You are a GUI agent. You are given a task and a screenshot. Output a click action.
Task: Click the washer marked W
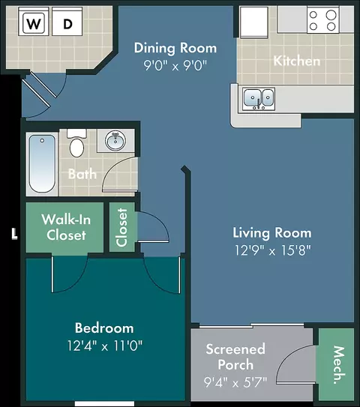click(x=34, y=22)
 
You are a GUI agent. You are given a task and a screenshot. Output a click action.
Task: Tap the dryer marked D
click(x=67, y=22)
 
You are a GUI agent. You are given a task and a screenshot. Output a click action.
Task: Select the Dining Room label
click(x=175, y=48)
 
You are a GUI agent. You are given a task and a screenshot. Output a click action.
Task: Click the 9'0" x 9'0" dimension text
click(x=175, y=65)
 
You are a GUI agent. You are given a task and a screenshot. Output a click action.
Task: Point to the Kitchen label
click(x=296, y=61)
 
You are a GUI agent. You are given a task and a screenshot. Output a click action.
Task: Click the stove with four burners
click(x=322, y=19)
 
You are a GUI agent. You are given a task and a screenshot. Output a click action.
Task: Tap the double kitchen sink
click(x=259, y=99)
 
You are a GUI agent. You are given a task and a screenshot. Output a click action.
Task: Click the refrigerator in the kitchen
click(x=253, y=22)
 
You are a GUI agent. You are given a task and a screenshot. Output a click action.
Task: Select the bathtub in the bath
click(x=42, y=164)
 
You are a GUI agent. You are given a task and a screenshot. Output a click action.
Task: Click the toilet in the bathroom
click(x=76, y=143)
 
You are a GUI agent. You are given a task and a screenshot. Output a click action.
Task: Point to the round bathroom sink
click(x=115, y=141)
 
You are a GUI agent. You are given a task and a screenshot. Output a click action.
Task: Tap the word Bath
click(x=82, y=174)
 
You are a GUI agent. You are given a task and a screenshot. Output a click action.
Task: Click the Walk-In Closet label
click(x=66, y=227)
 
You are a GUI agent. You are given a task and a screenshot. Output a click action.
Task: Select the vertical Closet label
click(x=122, y=227)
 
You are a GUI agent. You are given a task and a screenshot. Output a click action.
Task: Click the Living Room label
click(x=272, y=233)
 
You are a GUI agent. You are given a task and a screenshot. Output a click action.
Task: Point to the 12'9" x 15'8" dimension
click(x=273, y=250)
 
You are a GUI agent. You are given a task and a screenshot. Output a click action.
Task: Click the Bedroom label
click(x=104, y=328)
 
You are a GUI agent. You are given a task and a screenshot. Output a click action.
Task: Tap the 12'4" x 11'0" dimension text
click(x=105, y=346)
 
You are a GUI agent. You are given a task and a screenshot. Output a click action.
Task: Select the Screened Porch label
click(x=235, y=357)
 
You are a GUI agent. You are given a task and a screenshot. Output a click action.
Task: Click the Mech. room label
click(x=340, y=364)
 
